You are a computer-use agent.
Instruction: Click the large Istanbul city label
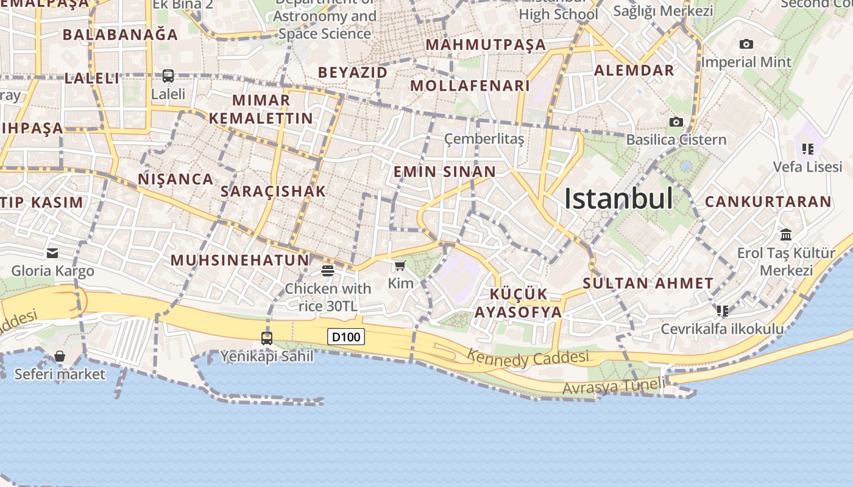(618, 198)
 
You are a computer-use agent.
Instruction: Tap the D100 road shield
(346, 337)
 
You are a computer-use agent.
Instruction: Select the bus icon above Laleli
(168, 76)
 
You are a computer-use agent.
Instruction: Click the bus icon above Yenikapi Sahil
(267, 338)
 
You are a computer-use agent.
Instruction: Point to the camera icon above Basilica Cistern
(676, 122)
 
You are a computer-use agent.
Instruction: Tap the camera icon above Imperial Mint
(746, 44)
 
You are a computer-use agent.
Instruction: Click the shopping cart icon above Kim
(400, 265)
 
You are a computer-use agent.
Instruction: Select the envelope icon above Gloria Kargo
(52, 253)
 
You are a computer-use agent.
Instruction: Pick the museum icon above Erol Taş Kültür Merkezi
(786, 234)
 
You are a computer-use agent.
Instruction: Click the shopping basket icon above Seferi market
(60, 356)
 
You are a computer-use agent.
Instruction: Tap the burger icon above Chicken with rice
(328, 270)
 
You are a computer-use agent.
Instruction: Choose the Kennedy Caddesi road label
(528, 358)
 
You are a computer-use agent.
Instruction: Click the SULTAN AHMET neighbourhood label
(648, 283)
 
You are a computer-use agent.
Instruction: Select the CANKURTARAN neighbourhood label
(768, 201)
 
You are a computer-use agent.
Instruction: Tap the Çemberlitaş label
(484, 139)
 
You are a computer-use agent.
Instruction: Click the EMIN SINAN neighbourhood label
(445, 172)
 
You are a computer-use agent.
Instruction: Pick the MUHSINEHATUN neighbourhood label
(239, 261)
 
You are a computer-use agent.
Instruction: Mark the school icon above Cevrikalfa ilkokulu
(723, 311)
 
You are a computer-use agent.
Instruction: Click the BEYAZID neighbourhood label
(353, 72)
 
